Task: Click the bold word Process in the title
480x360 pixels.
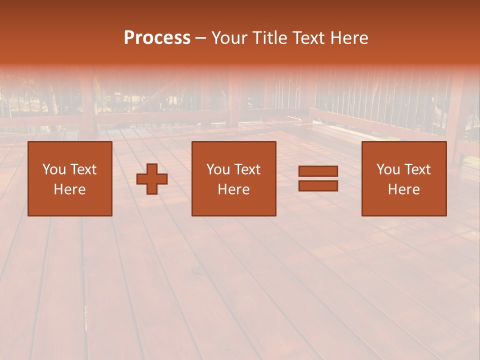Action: point(157,38)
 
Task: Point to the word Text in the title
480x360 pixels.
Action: point(308,38)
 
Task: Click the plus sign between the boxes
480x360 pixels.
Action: point(152,179)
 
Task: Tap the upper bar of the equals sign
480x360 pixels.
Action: point(318,171)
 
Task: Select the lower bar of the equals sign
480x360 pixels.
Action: point(318,185)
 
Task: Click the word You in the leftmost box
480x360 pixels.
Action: point(54,169)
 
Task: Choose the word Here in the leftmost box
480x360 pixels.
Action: point(69,189)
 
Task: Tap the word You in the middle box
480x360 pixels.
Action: point(218,169)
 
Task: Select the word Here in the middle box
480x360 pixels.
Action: point(233,189)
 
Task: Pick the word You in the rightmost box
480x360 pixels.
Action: point(388,169)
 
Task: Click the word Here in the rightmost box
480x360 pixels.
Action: point(403,189)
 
